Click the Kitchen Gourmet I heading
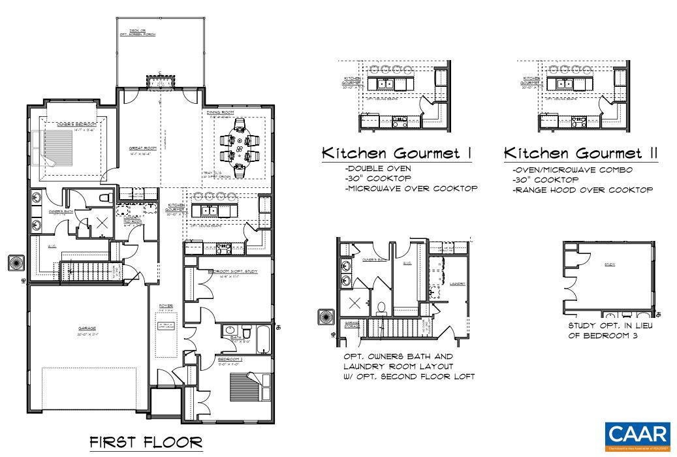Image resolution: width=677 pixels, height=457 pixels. (x=397, y=153)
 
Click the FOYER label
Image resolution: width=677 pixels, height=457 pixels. (x=166, y=306)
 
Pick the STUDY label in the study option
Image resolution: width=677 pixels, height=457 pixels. (x=610, y=264)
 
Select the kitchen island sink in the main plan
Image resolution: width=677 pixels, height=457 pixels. (x=210, y=210)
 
